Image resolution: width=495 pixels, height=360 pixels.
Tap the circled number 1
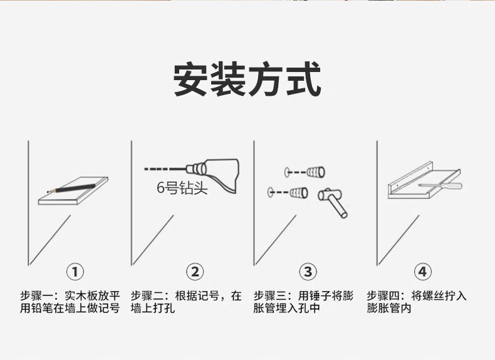[75, 272]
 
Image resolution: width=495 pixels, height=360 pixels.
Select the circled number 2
[195, 272]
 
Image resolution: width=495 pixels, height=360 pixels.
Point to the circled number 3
[307, 272]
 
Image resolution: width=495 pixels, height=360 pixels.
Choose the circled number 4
[423, 272]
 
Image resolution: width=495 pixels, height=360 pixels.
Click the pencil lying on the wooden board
[69, 186]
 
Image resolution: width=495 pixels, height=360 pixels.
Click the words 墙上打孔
[153, 309]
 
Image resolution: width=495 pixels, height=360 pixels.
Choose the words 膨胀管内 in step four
[389, 309]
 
